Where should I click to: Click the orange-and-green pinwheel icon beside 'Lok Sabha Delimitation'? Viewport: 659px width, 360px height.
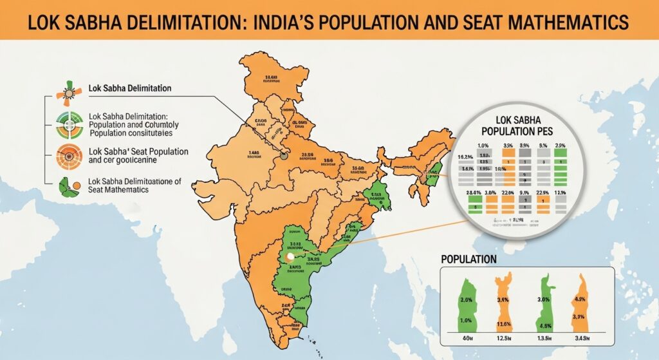point(67,90)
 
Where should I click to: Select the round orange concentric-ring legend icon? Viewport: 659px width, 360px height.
point(67,155)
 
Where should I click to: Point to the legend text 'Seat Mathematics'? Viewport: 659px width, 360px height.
point(117,191)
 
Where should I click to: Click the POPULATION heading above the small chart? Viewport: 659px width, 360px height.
point(469,259)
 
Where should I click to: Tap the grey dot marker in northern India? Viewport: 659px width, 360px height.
point(281,155)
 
